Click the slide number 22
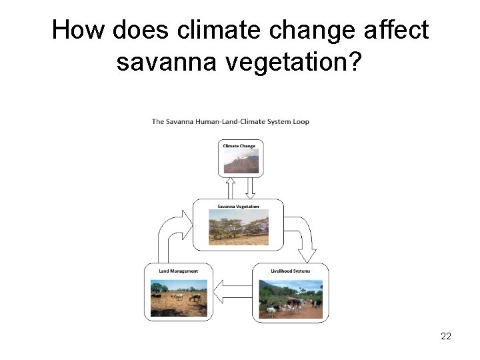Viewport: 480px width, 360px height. pyautogui.click(x=446, y=336)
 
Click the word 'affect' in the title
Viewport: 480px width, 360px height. pyautogui.click(x=397, y=31)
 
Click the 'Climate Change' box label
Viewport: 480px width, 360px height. pyautogui.click(x=240, y=145)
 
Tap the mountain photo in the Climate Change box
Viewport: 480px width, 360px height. pyautogui.click(x=241, y=161)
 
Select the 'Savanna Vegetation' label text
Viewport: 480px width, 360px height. pyautogui.click(x=238, y=206)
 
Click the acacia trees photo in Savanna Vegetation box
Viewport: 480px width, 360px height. pyautogui.click(x=239, y=227)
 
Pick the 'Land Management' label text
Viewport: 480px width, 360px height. pyautogui.click(x=179, y=271)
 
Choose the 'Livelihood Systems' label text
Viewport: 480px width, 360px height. pyautogui.click(x=290, y=271)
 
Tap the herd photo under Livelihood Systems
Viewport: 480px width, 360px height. pyautogui.click(x=291, y=298)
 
